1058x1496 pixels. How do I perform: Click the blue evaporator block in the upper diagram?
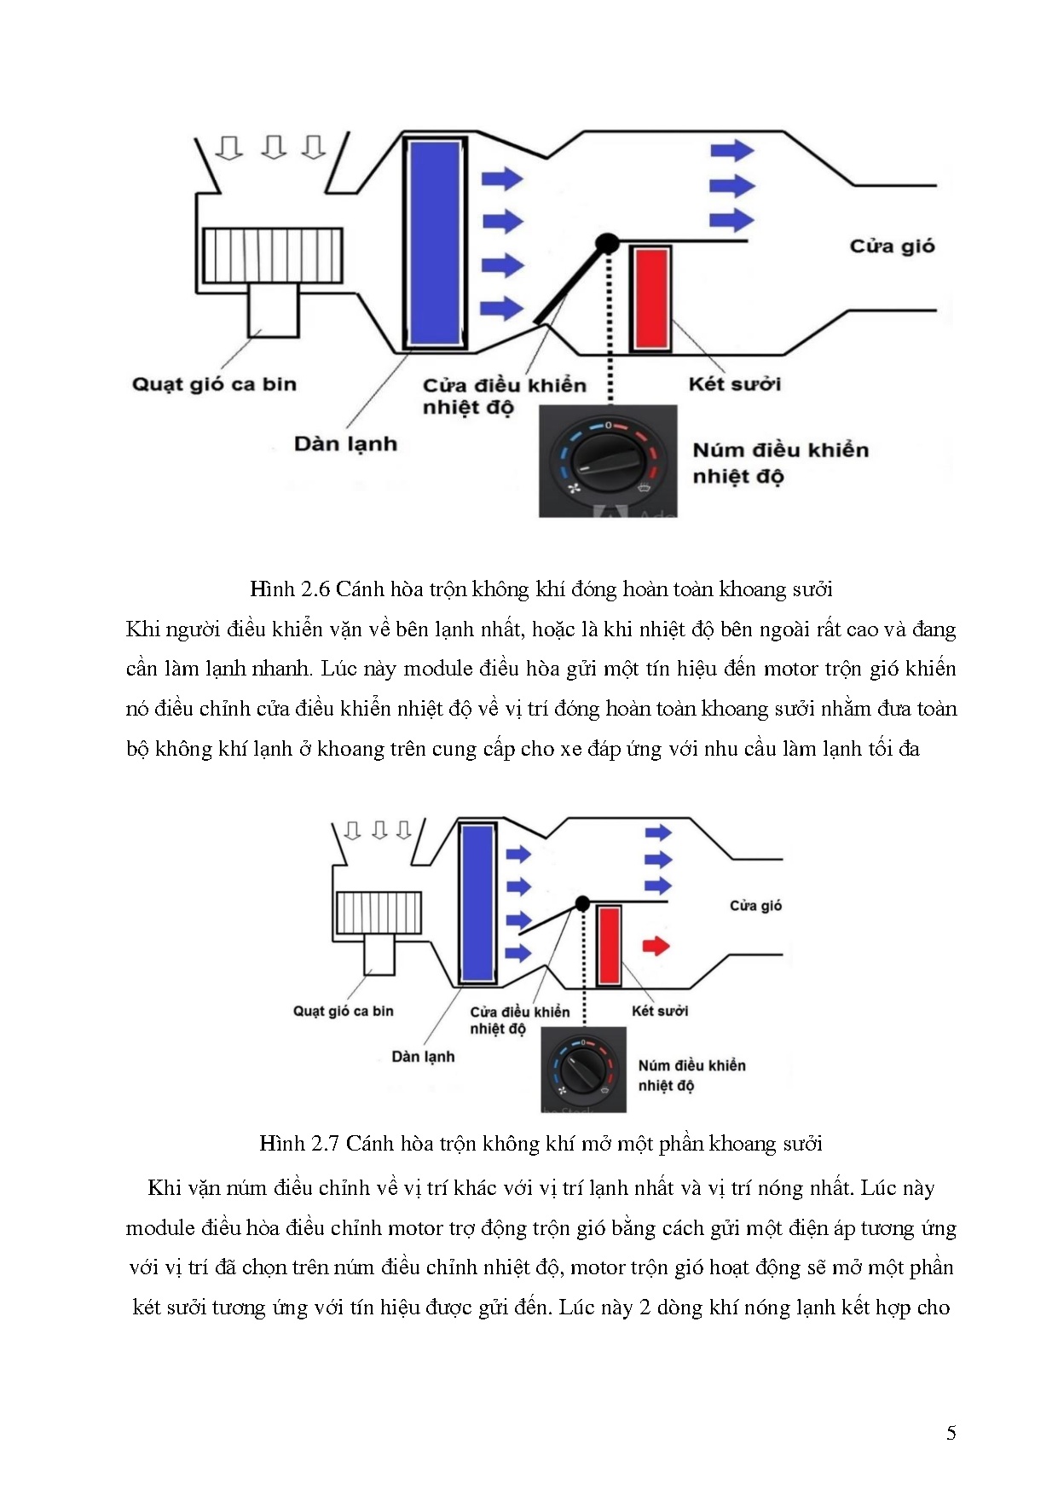point(435,243)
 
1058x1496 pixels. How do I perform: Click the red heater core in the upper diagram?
point(651,299)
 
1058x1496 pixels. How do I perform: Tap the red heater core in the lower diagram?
point(609,945)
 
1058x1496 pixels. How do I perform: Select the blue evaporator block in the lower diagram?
point(477,903)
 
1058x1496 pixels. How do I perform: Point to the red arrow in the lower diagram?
point(655,945)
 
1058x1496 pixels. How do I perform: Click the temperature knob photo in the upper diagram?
point(608,461)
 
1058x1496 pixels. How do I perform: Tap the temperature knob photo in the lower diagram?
point(584,1070)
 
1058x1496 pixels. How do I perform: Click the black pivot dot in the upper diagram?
point(607,244)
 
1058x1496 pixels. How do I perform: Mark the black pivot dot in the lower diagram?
point(582,903)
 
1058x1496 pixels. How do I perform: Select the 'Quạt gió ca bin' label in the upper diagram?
point(214,385)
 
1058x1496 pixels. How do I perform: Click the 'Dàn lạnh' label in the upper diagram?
point(345,444)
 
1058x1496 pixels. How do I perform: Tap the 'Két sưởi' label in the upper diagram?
point(734,385)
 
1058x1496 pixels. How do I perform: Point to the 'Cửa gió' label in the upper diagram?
point(892,246)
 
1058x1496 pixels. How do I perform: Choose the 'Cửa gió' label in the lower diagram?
point(755,906)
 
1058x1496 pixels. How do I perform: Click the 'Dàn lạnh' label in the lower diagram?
point(423,1057)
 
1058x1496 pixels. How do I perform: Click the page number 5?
point(951,1433)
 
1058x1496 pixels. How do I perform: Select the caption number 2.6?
point(315,589)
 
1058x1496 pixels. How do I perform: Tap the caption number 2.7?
point(325,1144)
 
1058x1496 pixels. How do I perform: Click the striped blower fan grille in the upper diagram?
point(273,256)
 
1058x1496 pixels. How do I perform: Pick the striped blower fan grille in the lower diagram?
point(379,913)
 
